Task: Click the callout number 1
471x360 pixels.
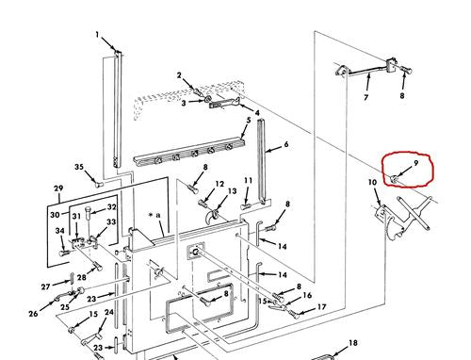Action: click(x=97, y=34)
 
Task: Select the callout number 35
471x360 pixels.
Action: click(x=79, y=167)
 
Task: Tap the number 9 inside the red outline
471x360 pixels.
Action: click(x=416, y=163)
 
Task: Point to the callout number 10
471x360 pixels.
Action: click(x=372, y=183)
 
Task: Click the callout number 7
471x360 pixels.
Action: click(x=366, y=98)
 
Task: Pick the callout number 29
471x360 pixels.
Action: click(x=58, y=188)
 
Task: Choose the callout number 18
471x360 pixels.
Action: click(x=353, y=343)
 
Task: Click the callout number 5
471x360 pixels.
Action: click(x=249, y=120)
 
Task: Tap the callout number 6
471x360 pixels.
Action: click(x=286, y=144)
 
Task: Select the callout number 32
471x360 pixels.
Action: click(x=112, y=207)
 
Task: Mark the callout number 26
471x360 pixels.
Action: click(x=33, y=313)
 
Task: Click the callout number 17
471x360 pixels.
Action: click(x=321, y=306)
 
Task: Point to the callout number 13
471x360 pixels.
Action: click(x=232, y=191)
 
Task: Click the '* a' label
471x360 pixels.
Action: click(x=154, y=215)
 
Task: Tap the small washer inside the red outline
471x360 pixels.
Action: click(x=393, y=179)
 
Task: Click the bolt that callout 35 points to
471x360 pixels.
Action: click(x=100, y=185)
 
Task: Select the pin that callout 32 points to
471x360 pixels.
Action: click(x=89, y=214)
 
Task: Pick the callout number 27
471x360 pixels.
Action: click(x=46, y=286)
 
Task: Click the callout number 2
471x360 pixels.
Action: click(x=179, y=75)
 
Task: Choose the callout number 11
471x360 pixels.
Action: click(x=249, y=181)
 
